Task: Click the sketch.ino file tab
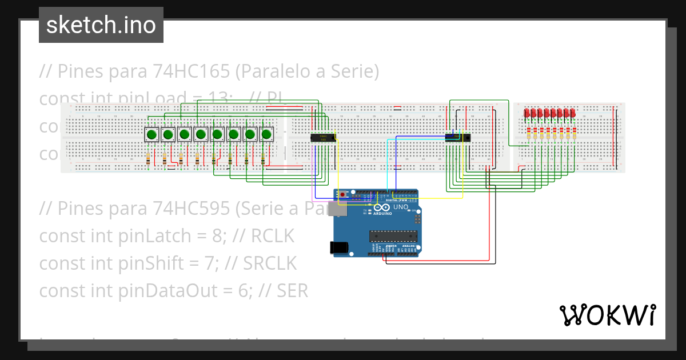tap(101, 25)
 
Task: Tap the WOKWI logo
tap(607, 315)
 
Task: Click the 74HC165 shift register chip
tap(323, 137)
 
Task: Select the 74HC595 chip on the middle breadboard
tap(458, 137)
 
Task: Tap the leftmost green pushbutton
tap(151, 135)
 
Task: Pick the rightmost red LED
tap(573, 113)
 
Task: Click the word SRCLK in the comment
tap(270, 263)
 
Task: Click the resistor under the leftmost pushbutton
tap(149, 159)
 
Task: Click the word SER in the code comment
tap(292, 291)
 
